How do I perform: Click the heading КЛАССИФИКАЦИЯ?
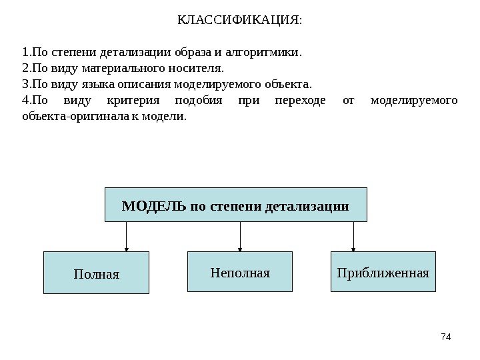(x=239, y=19)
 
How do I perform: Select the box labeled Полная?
(x=96, y=273)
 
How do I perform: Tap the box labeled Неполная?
(x=240, y=272)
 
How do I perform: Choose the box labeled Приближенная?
(x=383, y=272)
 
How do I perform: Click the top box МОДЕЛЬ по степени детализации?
(x=236, y=205)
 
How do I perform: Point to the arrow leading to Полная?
(x=127, y=237)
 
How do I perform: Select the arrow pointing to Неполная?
(x=240, y=237)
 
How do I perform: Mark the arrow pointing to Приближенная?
(x=353, y=237)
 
